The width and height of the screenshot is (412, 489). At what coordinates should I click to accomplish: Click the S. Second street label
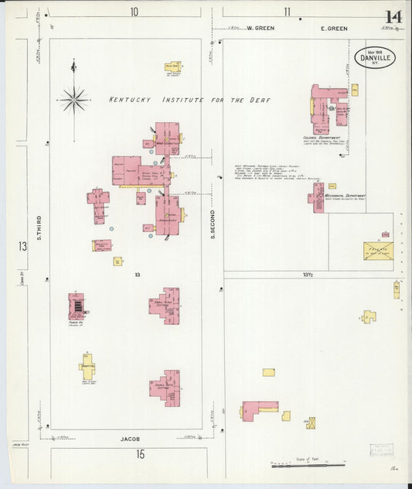tap(213, 224)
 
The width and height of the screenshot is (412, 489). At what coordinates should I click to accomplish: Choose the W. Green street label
tap(260, 29)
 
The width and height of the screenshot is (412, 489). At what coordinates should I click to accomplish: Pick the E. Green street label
tap(334, 29)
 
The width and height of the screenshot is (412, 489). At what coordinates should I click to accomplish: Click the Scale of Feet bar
tap(307, 466)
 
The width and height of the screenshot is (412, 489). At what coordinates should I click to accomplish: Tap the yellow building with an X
tap(378, 250)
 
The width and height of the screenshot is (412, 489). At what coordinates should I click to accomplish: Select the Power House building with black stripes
tap(77, 307)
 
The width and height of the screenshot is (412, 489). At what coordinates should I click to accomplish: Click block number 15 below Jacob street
tap(140, 454)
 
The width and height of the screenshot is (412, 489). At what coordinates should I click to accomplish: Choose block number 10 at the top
tap(134, 12)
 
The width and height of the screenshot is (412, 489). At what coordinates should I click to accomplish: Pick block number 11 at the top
tap(287, 12)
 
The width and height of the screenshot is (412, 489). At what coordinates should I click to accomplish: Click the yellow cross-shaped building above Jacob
tap(87, 366)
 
